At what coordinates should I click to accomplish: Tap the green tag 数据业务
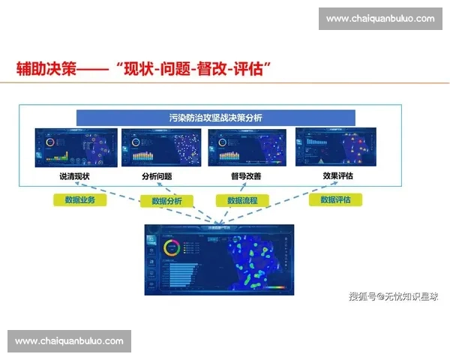point(80,200)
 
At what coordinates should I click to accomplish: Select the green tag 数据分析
point(172,201)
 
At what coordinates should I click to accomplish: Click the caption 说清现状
point(74,176)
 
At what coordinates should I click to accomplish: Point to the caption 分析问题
point(157,176)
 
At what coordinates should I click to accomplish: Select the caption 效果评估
point(337,176)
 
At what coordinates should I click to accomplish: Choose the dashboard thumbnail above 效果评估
point(333,148)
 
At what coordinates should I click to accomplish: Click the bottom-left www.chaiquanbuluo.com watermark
point(70,341)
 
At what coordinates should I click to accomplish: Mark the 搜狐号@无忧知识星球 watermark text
point(394,296)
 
